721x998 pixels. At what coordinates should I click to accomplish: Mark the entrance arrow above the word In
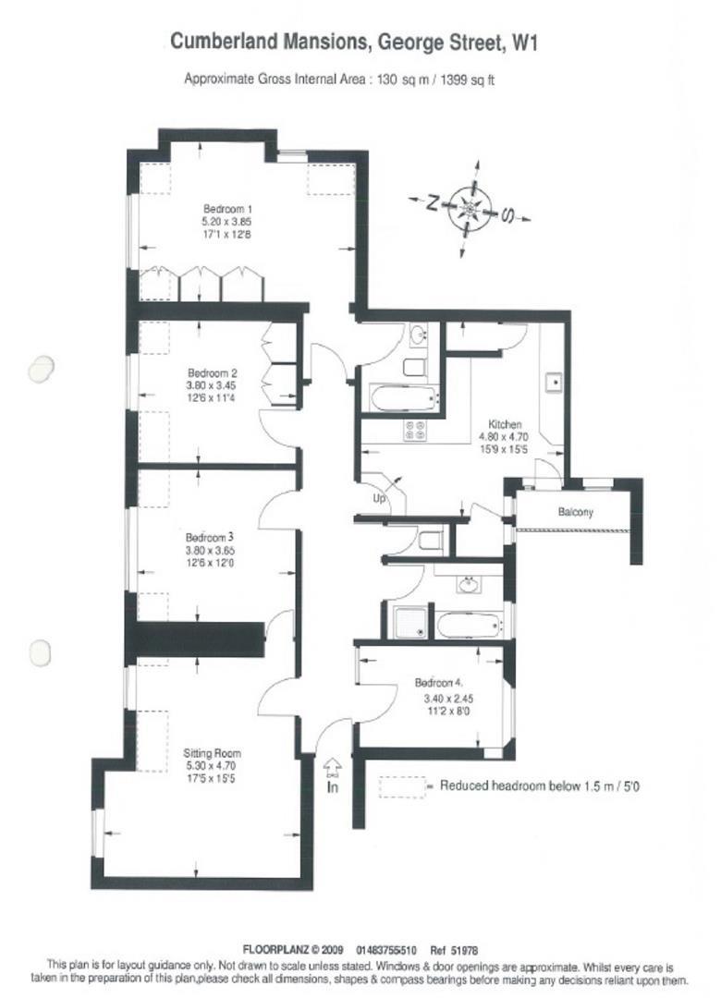click(x=332, y=766)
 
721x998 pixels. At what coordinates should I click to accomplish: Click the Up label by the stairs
click(x=378, y=499)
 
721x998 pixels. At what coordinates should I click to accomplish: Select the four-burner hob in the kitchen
click(x=414, y=430)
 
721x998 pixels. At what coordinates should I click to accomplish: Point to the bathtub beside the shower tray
click(x=469, y=624)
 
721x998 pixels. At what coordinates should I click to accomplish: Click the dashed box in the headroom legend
click(x=400, y=786)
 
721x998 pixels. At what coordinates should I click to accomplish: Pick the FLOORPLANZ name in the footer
click(x=275, y=949)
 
